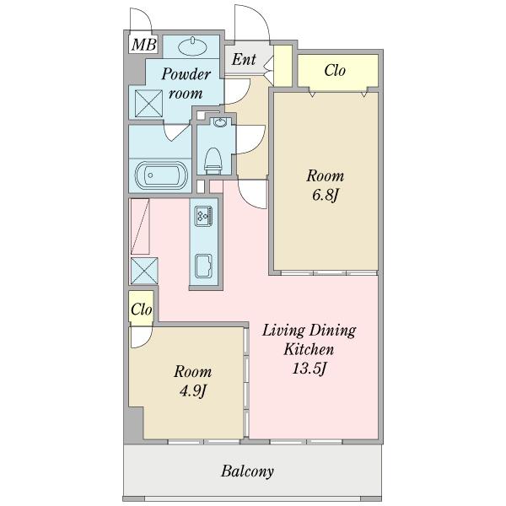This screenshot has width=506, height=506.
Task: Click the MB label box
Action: (x=144, y=44)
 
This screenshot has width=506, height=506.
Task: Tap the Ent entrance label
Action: (x=244, y=59)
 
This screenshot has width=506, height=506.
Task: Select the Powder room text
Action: (x=186, y=83)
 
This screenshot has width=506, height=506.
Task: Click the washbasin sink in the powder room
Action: (x=192, y=47)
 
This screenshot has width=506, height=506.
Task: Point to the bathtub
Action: (x=161, y=175)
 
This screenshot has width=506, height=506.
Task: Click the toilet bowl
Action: (x=213, y=161)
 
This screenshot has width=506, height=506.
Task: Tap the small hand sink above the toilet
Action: (x=220, y=122)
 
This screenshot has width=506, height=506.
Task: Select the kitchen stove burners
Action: (x=203, y=216)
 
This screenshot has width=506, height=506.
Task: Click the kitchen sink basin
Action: (x=203, y=266)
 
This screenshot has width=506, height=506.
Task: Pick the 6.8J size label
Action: (x=326, y=195)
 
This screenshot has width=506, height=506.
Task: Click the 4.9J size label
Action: (x=192, y=391)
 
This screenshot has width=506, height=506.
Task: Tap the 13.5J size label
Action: (x=310, y=369)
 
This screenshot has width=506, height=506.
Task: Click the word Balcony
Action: (x=247, y=471)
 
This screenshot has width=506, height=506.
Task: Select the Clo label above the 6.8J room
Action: (x=335, y=70)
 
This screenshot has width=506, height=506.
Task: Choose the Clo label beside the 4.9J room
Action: (x=142, y=310)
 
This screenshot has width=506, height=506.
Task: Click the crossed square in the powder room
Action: (x=148, y=104)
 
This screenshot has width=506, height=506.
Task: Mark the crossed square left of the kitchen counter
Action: (x=144, y=271)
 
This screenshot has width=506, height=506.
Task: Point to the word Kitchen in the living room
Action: (x=309, y=349)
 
